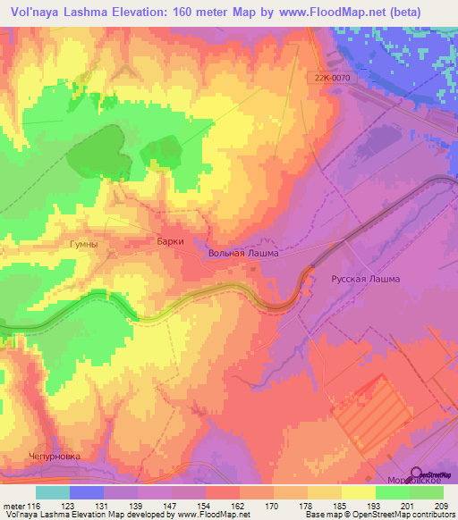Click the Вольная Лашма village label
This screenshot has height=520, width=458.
[x=243, y=253]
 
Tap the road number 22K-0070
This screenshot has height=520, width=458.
[x=334, y=78]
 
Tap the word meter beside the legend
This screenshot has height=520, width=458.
[x=13, y=507]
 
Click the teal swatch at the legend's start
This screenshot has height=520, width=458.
[x=53, y=492]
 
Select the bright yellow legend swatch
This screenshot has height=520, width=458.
[x=359, y=492]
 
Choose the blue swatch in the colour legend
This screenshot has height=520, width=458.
[x=87, y=492]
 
